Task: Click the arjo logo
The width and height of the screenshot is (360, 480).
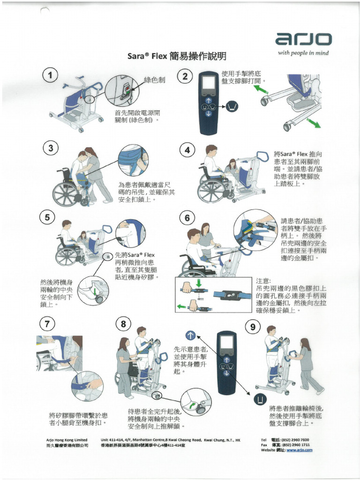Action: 304,39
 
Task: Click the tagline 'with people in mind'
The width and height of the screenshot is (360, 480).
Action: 303,53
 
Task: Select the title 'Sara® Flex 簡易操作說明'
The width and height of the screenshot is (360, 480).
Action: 177,57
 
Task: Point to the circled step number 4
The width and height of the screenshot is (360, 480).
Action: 187,150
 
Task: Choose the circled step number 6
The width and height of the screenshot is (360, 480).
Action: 187,217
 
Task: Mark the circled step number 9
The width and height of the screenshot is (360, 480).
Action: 253,327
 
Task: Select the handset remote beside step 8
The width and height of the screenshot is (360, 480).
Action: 226,362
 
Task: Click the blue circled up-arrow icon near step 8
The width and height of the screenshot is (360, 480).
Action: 190,335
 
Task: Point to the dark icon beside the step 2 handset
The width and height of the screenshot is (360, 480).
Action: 232,107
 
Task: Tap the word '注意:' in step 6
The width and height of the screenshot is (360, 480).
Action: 263,280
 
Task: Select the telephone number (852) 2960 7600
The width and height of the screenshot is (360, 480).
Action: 295,440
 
